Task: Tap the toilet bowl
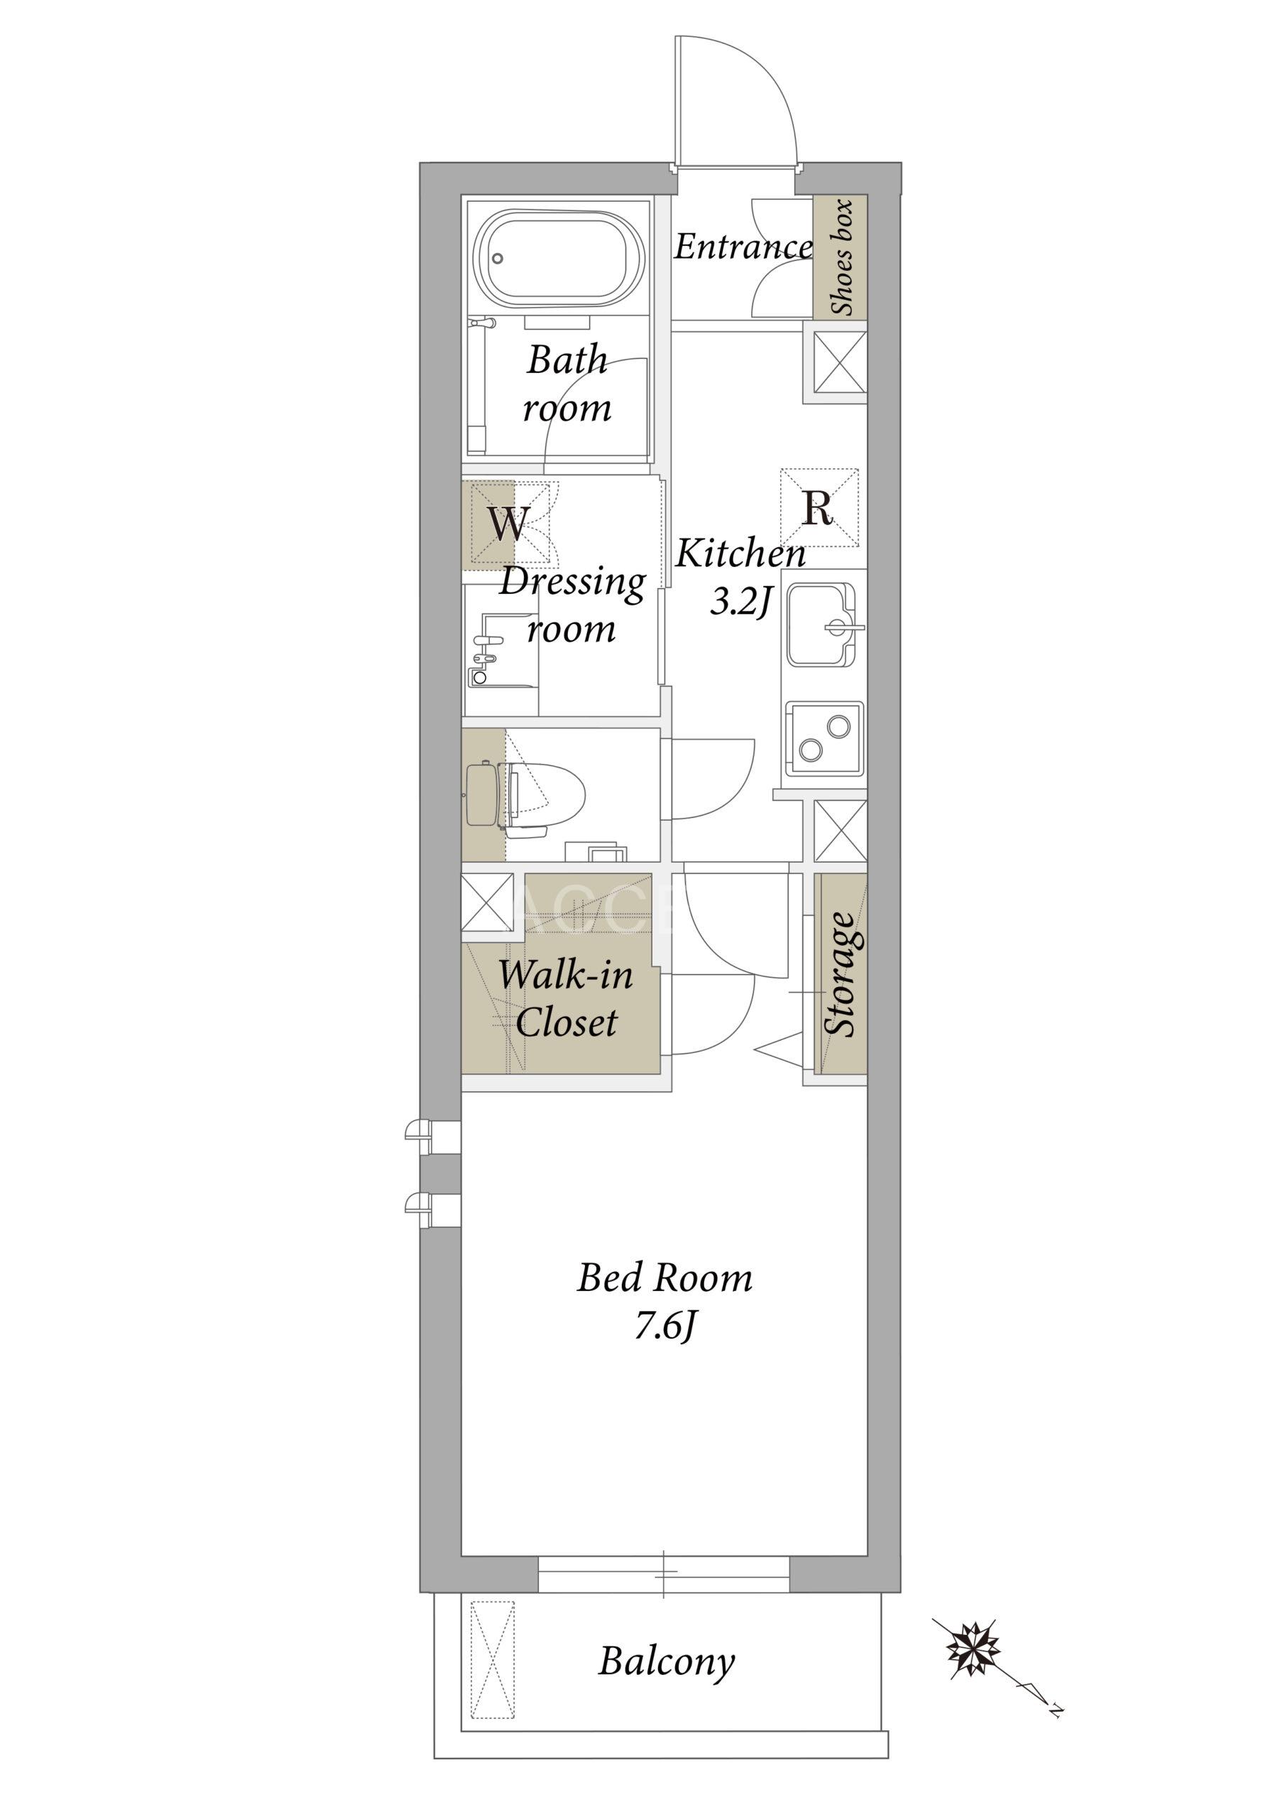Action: click(547, 794)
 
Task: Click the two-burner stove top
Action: click(824, 738)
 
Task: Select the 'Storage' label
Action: click(840, 973)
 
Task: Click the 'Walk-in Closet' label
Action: click(565, 998)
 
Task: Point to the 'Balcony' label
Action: click(667, 1662)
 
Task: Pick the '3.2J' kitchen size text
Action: click(740, 603)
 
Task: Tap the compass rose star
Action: click(973, 1651)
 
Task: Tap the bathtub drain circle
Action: click(497, 258)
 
